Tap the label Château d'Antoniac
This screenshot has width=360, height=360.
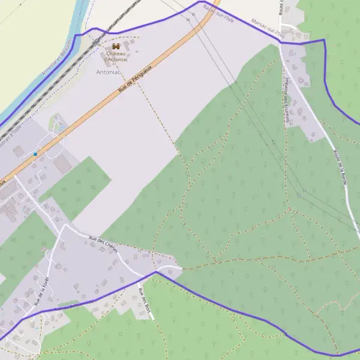116,56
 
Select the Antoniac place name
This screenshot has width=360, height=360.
108,70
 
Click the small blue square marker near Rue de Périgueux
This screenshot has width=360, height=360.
35,154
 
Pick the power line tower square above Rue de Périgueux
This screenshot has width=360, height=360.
187,20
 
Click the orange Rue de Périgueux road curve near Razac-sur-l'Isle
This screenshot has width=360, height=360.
204,21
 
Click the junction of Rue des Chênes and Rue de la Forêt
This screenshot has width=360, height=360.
65,226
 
